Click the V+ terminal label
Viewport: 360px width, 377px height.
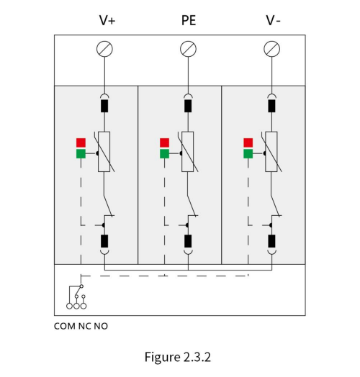(107, 20)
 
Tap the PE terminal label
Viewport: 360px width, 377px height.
(189, 20)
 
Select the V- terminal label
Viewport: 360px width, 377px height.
(273, 20)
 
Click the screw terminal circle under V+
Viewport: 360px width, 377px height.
(104, 49)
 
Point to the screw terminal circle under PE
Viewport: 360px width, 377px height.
(188, 49)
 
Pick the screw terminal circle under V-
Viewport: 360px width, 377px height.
(272, 49)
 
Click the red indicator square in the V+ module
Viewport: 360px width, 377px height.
(81, 142)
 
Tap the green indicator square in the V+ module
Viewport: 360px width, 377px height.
(81, 154)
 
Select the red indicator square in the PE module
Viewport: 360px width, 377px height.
(165, 142)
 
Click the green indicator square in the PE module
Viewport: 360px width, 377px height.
(165, 154)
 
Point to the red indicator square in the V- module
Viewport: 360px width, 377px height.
(248, 142)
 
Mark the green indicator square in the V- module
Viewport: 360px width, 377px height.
(248, 154)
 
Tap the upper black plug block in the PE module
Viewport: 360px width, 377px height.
(188, 106)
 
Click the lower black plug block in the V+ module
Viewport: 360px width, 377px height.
(104, 241)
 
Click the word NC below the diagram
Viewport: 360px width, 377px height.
(84, 326)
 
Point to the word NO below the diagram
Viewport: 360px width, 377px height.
(101, 326)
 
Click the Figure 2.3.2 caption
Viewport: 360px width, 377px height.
(178, 357)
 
